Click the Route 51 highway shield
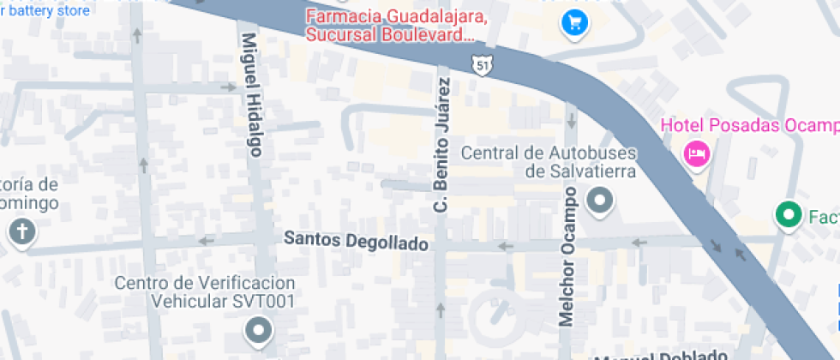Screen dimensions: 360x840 coord(483,64)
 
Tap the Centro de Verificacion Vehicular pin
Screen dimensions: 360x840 coord(257,328)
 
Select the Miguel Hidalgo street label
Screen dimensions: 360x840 coord(251,94)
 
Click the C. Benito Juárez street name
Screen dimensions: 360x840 coord(441,146)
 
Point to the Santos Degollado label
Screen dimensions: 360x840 coord(356,243)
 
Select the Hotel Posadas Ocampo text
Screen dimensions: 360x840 coord(749,126)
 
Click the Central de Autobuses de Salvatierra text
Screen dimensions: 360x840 coord(549,162)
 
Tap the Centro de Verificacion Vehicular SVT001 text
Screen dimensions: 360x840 coord(206,292)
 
